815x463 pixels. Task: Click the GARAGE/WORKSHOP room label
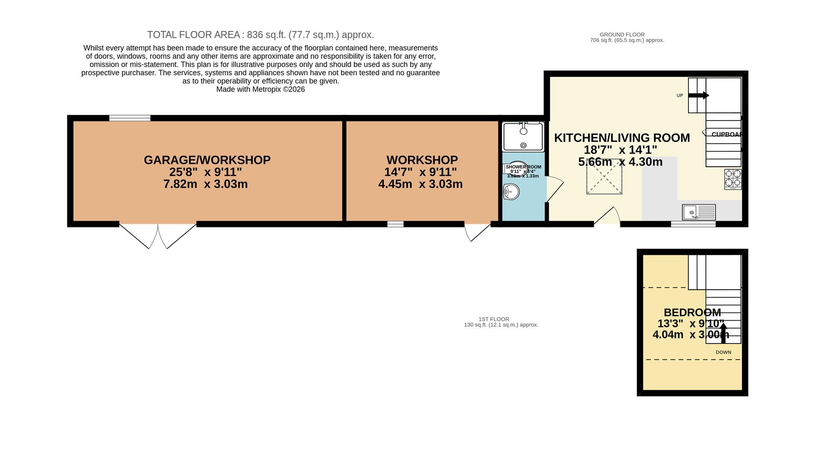pos(207,160)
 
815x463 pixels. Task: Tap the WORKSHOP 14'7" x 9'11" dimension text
pos(420,172)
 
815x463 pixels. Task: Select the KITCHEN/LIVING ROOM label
pos(622,138)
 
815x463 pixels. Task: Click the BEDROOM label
pos(692,313)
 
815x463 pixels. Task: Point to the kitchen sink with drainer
pos(699,212)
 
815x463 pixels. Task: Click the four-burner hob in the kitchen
pos(733,179)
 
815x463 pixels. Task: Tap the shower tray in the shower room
pos(523,137)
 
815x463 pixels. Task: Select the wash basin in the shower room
pos(511,192)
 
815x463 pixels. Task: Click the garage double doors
pos(158,236)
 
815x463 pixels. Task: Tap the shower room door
pos(554,189)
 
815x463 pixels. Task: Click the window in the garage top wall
pos(130,118)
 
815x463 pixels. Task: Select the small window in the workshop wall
pos(395,224)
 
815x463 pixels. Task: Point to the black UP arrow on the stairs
pos(699,96)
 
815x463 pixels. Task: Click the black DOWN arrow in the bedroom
pos(723,333)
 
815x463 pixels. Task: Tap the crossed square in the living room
pos(604,176)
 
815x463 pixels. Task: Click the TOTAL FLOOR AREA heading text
pos(260,35)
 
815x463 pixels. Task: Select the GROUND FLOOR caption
pos(622,35)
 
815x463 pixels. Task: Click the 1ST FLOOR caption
pos(494,319)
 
